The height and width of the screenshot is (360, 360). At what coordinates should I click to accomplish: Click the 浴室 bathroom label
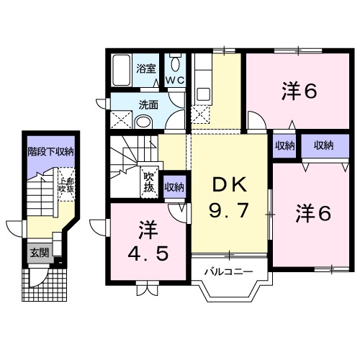pos(146,69)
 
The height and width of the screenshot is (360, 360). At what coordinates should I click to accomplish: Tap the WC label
pos(175,78)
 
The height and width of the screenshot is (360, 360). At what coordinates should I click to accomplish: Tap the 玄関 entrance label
pos(39,253)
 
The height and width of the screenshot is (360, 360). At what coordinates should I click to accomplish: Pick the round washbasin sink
pos(143,121)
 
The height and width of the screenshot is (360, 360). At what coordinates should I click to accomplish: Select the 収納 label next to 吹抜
pos(173,187)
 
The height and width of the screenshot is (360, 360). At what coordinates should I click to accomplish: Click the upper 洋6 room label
pos(300,92)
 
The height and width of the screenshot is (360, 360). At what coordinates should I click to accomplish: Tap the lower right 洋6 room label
pos(315,214)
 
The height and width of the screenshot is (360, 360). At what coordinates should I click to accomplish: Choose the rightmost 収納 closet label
pos(323,145)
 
